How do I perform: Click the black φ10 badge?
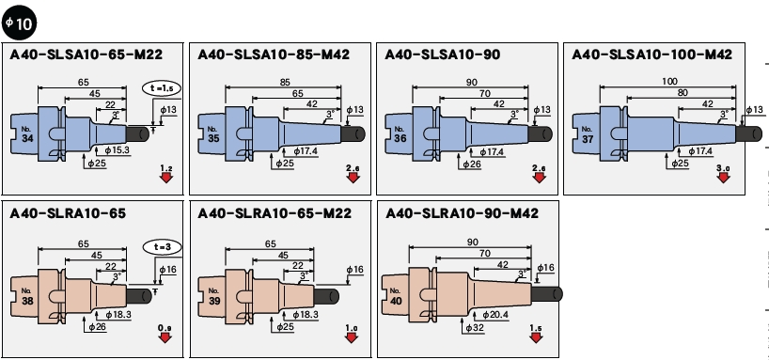(19, 23)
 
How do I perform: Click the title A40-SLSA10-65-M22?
(86, 55)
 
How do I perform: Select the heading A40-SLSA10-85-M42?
(274, 55)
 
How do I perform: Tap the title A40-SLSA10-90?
(443, 55)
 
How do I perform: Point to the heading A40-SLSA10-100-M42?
(651, 55)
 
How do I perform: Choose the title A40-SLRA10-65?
(68, 213)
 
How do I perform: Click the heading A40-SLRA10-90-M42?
(462, 213)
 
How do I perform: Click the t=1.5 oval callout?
(162, 88)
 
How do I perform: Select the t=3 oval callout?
(162, 247)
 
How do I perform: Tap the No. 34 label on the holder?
(27, 134)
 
